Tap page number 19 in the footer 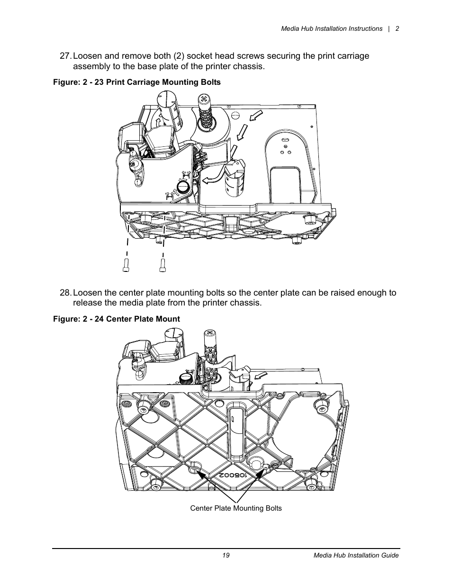pos(226,555)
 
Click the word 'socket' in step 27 pos(206,56)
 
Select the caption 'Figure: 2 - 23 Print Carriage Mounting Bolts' pos(136,82)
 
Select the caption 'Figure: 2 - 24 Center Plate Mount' pos(116,319)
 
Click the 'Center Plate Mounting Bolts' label pos(236,508)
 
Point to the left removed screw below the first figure pos(126,266)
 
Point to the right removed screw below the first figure pos(163,266)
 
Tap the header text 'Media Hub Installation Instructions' pos(332,28)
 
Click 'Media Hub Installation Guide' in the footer pos(356,555)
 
